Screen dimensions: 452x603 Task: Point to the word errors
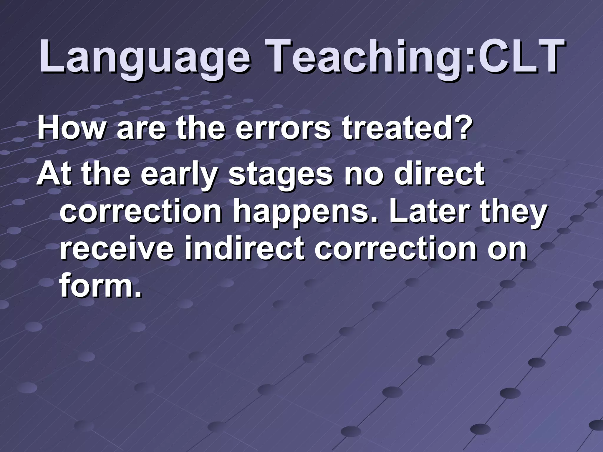click(283, 129)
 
